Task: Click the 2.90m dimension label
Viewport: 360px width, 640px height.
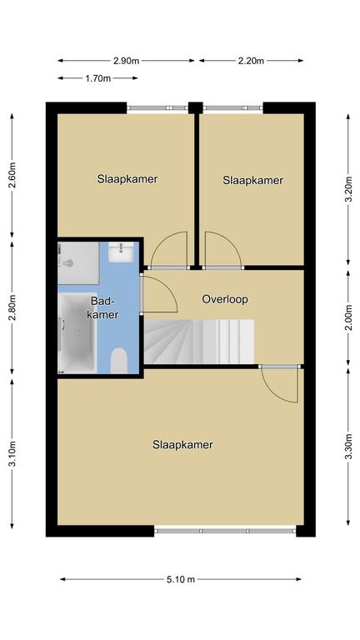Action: [126, 61]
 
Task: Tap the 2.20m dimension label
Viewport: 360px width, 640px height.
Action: [251, 61]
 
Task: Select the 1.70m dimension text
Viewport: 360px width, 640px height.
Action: [98, 78]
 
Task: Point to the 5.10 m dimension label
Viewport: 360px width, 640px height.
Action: [181, 579]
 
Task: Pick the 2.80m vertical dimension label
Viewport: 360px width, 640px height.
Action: [12, 307]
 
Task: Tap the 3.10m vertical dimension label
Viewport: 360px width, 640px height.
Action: [12, 453]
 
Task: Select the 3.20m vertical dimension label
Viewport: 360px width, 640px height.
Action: [348, 189]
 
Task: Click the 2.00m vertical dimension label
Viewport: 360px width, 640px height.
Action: [348, 318]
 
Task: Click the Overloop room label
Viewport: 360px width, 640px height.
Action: [225, 299]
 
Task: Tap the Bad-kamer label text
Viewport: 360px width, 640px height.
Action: [105, 307]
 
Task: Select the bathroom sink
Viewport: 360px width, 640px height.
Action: [121, 252]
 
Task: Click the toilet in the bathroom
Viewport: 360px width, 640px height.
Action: [119, 360]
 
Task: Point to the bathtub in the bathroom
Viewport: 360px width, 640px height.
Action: [77, 332]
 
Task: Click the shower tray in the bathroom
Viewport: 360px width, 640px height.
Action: [78, 262]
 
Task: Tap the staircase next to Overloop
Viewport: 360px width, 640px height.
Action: [200, 342]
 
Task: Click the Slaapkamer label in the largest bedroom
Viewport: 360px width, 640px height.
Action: [182, 444]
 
